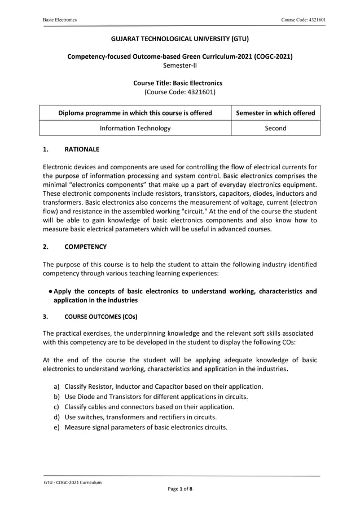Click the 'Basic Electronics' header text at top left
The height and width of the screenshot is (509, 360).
click(60, 20)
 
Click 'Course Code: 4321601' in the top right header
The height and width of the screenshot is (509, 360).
click(303, 20)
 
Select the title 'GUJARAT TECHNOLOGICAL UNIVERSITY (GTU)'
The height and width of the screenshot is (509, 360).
click(179, 39)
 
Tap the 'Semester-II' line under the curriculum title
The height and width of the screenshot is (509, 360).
click(179, 65)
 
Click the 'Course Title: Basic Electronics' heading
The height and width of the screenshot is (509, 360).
click(179, 82)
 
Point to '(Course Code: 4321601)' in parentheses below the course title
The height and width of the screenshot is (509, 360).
click(179, 91)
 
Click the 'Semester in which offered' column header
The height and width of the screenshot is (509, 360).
click(275, 113)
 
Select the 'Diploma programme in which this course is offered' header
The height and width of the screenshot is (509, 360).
click(135, 113)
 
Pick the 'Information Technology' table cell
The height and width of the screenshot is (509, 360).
click(135, 128)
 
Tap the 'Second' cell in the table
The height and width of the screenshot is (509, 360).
click(275, 128)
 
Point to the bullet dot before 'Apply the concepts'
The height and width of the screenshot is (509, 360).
click(50, 291)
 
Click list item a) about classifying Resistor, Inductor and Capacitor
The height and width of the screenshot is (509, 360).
click(164, 387)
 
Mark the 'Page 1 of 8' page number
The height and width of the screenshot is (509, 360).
click(179, 489)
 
